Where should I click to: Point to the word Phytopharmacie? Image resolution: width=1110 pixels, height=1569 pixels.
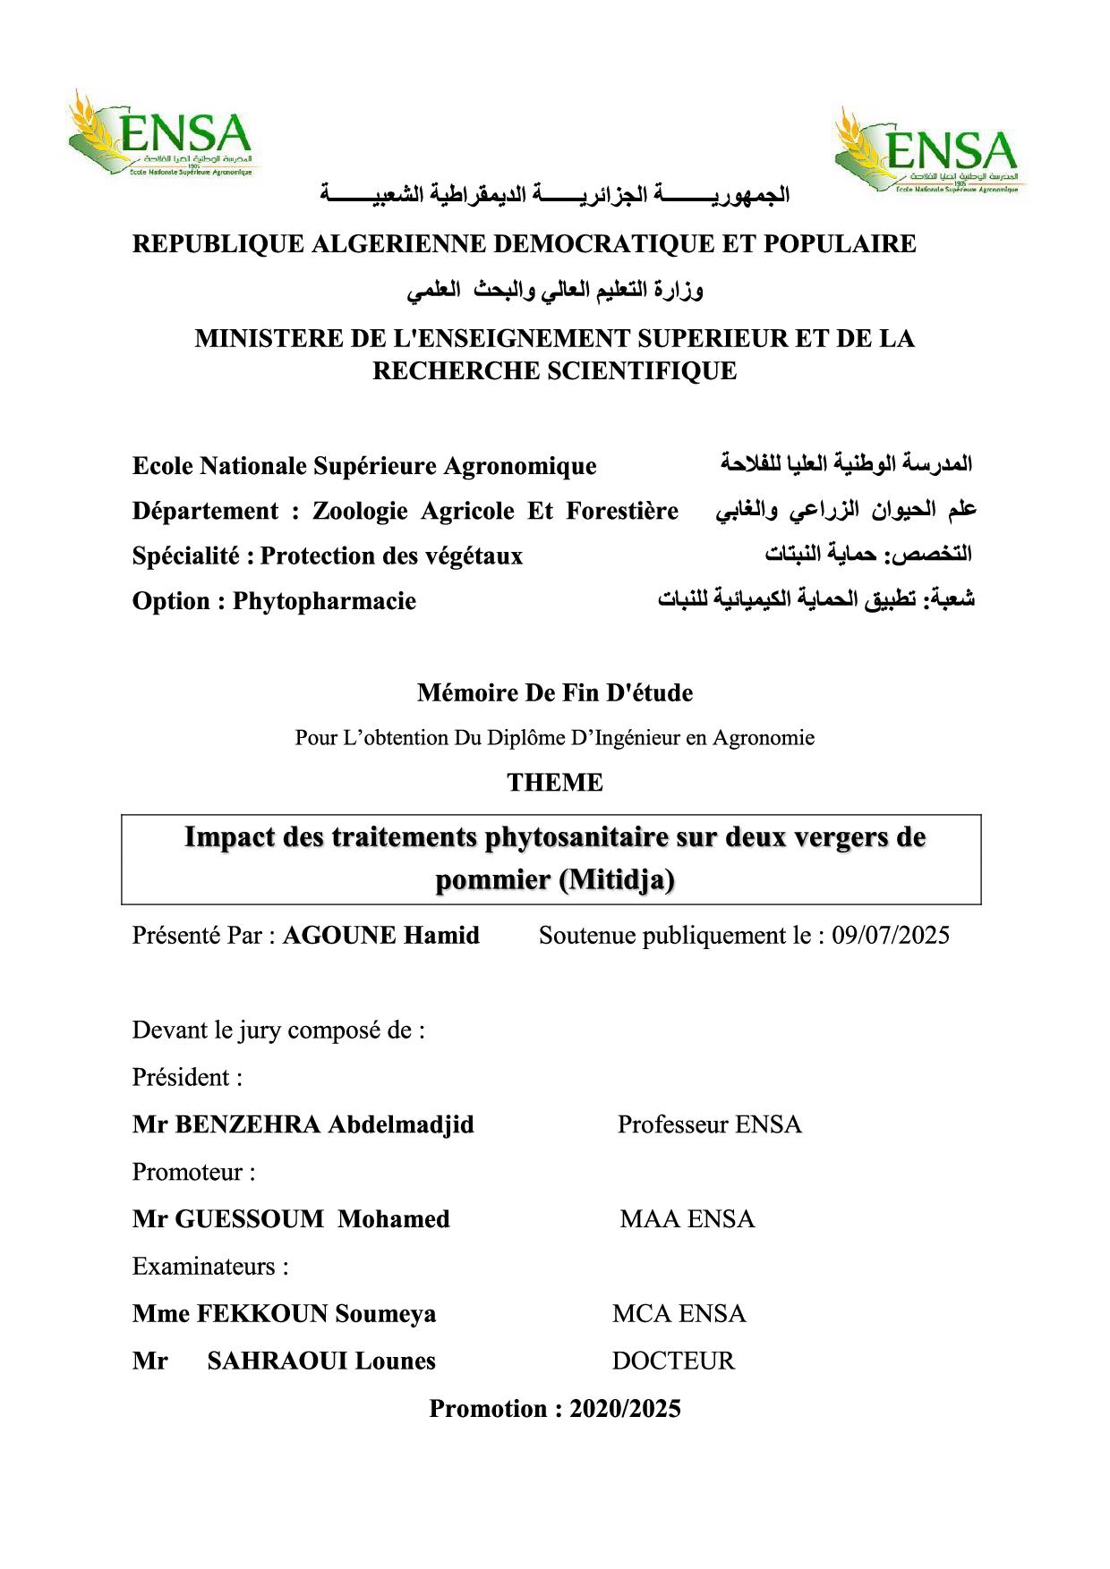tap(324, 600)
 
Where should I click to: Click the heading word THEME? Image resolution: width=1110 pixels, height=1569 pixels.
tap(555, 782)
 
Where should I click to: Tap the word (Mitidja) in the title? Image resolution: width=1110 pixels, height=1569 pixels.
tap(617, 880)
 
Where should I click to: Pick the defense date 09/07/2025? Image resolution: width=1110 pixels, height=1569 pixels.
tap(891, 936)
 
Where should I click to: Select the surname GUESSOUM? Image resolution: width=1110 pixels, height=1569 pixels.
tap(249, 1218)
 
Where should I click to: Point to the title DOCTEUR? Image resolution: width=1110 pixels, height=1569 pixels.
tap(673, 1361)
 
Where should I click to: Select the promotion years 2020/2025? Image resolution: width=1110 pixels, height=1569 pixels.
tap(625, 1408)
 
